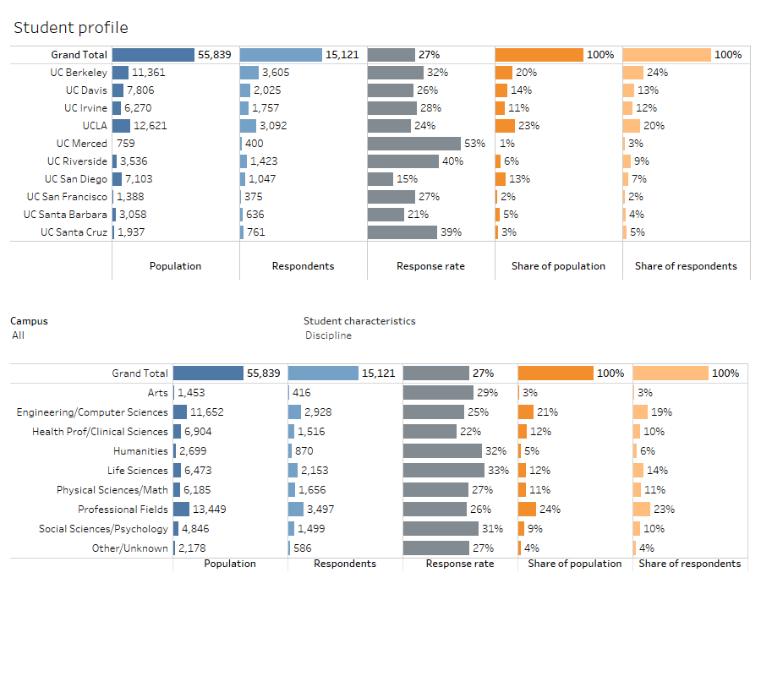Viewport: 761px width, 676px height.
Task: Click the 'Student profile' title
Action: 71,29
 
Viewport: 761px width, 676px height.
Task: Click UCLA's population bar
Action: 121,126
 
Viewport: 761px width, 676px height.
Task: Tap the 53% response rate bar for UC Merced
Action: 413,144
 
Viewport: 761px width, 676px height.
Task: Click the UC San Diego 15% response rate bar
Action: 380,179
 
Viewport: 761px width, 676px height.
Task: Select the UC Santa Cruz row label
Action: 74,232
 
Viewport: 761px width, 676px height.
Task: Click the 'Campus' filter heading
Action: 29,321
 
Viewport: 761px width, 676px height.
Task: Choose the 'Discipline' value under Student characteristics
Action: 328,335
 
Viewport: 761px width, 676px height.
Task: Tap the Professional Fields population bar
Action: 182,510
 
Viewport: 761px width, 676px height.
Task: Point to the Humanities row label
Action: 140,451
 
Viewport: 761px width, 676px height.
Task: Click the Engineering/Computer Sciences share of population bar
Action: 526,412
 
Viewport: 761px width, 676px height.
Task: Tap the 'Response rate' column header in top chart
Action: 430,266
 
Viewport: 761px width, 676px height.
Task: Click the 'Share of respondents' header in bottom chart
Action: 689,564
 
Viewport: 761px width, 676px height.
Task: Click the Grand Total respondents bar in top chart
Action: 281,55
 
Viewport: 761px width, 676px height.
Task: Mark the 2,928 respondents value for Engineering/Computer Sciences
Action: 321,412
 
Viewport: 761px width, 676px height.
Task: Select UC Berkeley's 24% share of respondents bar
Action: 633,73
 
